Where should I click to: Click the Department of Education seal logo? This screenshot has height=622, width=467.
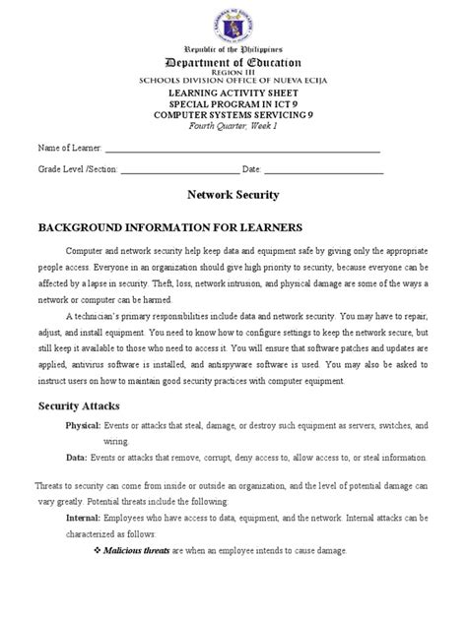(x=233, y=21)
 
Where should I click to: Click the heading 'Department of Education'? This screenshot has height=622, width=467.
(x=233, y=62)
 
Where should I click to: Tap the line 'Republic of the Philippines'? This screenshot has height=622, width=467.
(x=233, y=48)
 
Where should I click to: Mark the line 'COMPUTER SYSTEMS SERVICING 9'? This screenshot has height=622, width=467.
(x=233, y=114)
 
